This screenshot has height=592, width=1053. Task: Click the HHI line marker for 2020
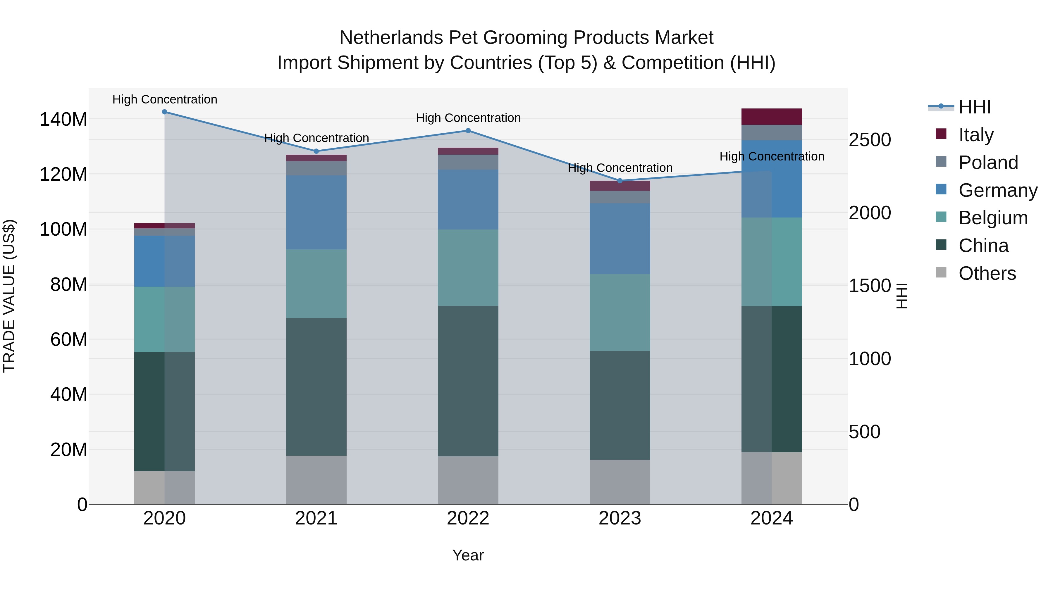click(164, 112)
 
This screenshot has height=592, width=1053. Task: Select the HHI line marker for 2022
click(468, 131)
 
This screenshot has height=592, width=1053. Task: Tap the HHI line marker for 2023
click(620, 181)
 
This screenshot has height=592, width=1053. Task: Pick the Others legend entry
click(987, 273)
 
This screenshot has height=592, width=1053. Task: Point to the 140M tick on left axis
click(63, 120)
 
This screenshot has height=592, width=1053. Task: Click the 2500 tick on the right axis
click(870, 140)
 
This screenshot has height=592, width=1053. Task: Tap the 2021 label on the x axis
click(316, 518)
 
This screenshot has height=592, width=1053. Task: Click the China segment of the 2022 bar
click(468, 381)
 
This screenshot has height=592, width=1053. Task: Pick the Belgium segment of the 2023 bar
click(620, 312)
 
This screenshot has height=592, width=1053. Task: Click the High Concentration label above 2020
click(165, 100)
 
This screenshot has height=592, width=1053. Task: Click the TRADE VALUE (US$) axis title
click(9, 296)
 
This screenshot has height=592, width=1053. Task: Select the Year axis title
click(468, 555)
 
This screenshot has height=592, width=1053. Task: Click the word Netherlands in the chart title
click(391, 38)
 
